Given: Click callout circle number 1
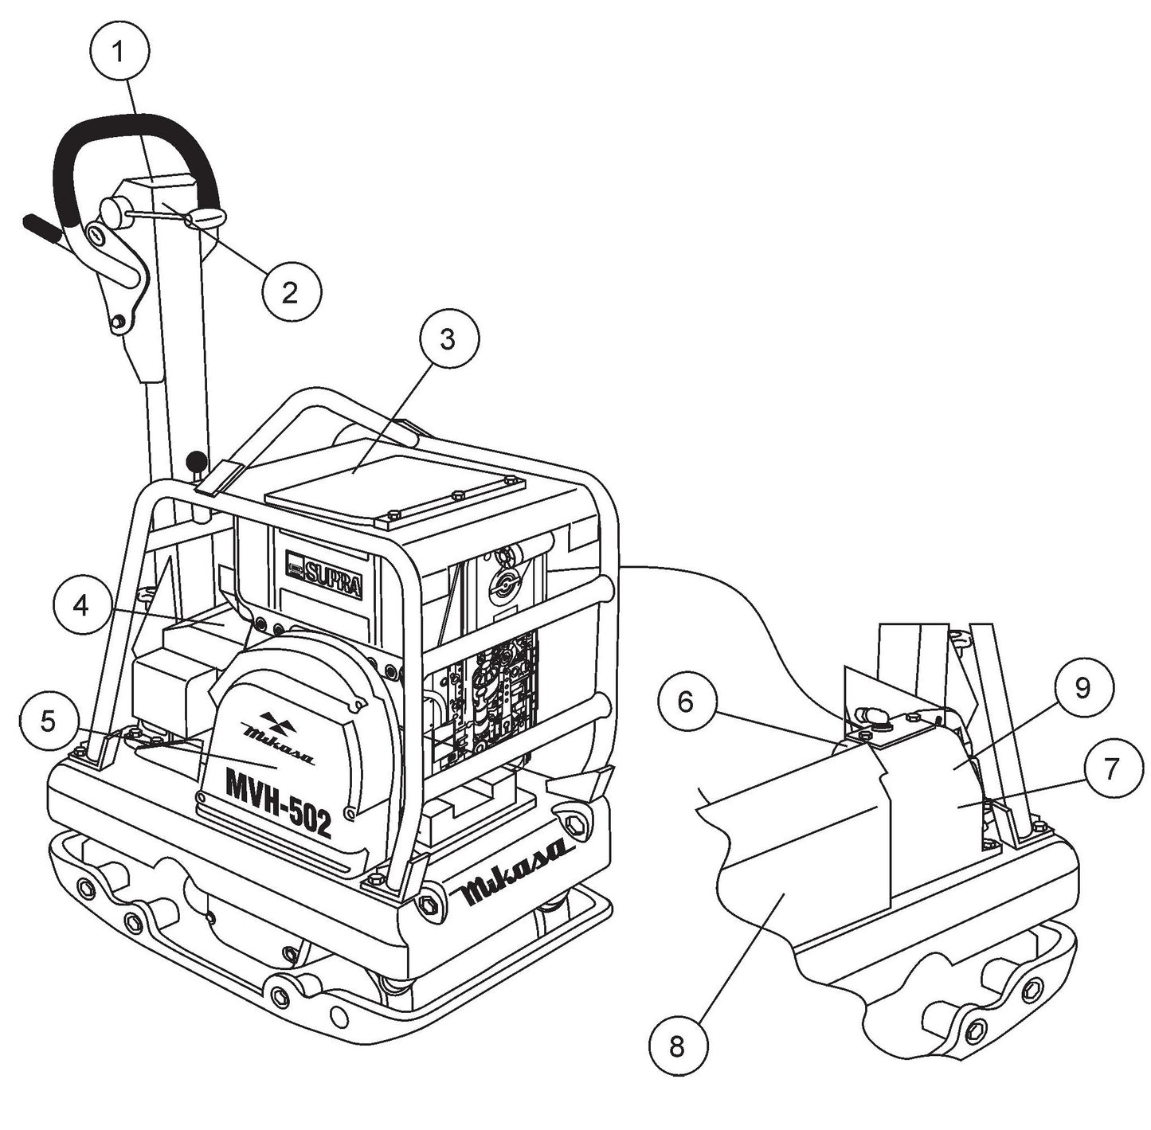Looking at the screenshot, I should coord(119,52).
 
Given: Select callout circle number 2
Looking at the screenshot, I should coord(292,292).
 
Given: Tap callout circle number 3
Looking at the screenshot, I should coord(448,339).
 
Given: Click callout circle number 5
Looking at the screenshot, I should coord(49,721).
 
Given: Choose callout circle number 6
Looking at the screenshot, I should coord(687,702).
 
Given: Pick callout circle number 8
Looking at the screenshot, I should coord(677,1046).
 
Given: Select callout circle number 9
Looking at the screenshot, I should coord(1082,688).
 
